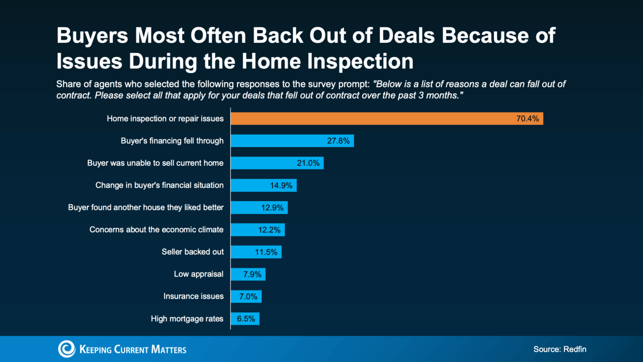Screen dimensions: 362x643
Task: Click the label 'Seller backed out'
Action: [x=192, y=252]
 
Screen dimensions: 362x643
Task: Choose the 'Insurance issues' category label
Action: [x=193, y=296]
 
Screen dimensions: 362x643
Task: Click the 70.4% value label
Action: [x=528, y=119]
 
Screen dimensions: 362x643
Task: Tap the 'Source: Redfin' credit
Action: [x=559, y=349]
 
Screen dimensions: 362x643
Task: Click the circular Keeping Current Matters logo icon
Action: [x=67, y=349]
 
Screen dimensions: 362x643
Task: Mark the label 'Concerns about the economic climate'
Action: [x=156, y=230]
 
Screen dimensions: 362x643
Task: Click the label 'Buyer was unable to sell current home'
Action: [x=155, y=163]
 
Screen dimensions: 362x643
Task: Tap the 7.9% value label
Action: [x=252, y=274]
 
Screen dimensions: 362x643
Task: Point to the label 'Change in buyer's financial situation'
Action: [x=159, y=186]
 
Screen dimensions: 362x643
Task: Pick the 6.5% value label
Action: [x=246, y=318]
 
